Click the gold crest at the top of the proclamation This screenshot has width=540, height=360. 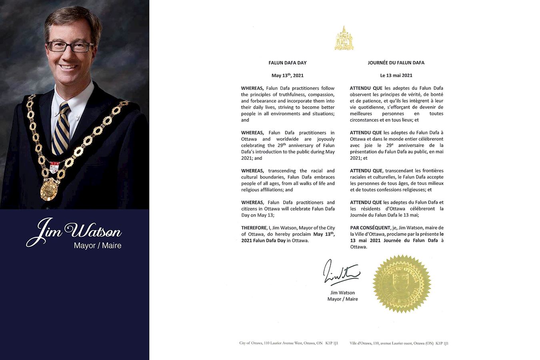coord(344,39)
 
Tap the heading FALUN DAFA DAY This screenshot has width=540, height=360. coord(287,63)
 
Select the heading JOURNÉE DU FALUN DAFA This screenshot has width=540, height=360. coord(396,63)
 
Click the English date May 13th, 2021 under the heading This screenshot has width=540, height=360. coord(287,75)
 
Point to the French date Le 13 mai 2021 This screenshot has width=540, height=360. coord(396,75)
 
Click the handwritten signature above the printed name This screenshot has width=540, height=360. coord(340,272)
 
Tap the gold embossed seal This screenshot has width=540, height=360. coord(401,283)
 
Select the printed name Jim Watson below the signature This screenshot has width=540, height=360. coord(342,293)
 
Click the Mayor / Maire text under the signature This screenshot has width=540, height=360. coord(342,299)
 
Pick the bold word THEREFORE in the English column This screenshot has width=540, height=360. coord(254,228)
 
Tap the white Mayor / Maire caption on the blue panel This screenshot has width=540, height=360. coord(97,246)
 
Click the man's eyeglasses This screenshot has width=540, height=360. coord(70,47)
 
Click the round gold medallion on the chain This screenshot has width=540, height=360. coord(49,189)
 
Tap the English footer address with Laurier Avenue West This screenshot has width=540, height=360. coord(288,343)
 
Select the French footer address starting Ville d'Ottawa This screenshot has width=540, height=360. coord(399,343)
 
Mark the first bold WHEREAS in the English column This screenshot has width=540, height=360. coord(252,88)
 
